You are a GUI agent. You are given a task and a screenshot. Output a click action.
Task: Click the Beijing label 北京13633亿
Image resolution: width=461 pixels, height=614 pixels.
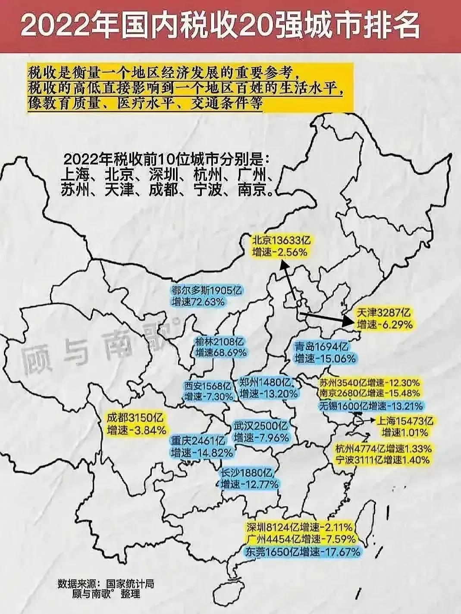tap(281, 240)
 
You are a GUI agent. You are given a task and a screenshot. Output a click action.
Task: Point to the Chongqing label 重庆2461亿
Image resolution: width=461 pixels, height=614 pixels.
tap(198, 441)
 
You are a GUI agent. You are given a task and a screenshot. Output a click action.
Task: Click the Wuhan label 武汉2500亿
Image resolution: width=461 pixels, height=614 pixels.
tap(260, 426)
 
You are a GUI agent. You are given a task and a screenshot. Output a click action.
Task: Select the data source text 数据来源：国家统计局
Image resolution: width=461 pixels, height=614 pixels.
tap(106, 585)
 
